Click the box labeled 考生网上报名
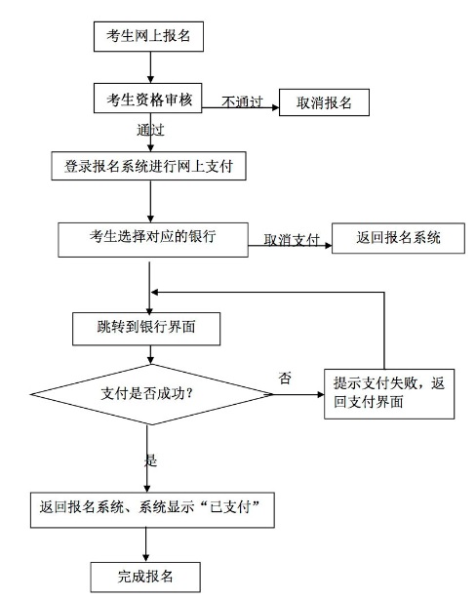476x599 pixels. click(x=148, y=37)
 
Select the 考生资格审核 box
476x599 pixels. click(x=148, y=99)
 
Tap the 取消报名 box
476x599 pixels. click(x=324, y=102)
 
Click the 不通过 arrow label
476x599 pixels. click(x=242, y=101)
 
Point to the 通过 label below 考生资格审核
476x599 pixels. click(x=150, y=130)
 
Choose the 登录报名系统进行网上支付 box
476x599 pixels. click(x=148, y=166)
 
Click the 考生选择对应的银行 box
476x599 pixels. click(x=153, y=240)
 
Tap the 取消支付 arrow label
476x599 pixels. click(x=292, y=240)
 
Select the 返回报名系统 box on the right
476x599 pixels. click(x=398, y=238)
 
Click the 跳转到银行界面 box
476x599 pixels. click(x=146, y=329)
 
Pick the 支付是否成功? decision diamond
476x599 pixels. click(x=151, y=394)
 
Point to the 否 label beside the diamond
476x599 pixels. click(x=285, y=378)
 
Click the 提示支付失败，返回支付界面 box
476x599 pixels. click(x=389, y=394)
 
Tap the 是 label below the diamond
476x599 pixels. click(x=150, y=460)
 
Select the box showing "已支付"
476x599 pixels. click(x=152, y=510)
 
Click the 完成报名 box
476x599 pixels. click(x=145, y=577)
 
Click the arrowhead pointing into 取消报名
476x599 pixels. click(x=275, y=107)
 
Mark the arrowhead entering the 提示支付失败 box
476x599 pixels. click(x=321, y=394)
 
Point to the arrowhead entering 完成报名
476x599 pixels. click(x=145, y=558)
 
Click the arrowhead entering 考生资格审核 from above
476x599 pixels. click(x=150, y=79)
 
